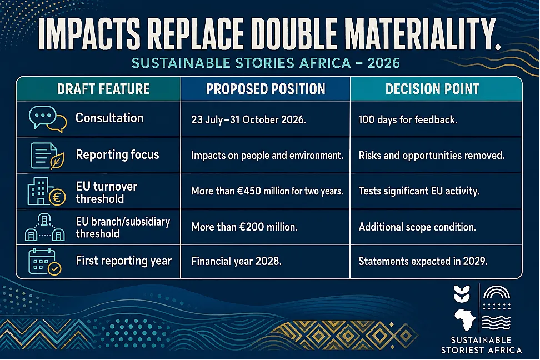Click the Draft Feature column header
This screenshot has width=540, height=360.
point(103,89)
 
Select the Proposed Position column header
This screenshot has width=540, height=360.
point(266,89)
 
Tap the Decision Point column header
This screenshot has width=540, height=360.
point(432,89)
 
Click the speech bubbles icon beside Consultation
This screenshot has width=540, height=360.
point(48,119)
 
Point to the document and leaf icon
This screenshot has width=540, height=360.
point(47,156)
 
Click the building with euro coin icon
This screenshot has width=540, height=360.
point(46,192)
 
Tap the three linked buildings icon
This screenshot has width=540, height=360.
point(45,227)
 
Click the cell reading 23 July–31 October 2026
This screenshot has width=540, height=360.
point(249,119)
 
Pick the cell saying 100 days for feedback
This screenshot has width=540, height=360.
point(408,119)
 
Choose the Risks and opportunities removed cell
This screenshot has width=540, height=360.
point(432,156)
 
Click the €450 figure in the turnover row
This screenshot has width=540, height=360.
point(249,191)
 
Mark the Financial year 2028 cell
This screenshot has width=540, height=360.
point(236,261)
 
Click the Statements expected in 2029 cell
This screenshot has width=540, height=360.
point(423,261)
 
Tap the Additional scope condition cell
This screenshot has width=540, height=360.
point(417,227)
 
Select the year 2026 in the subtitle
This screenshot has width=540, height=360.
point(384,63)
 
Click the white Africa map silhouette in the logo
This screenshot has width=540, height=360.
point(465,319)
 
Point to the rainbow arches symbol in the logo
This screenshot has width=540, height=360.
point(497,292)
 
